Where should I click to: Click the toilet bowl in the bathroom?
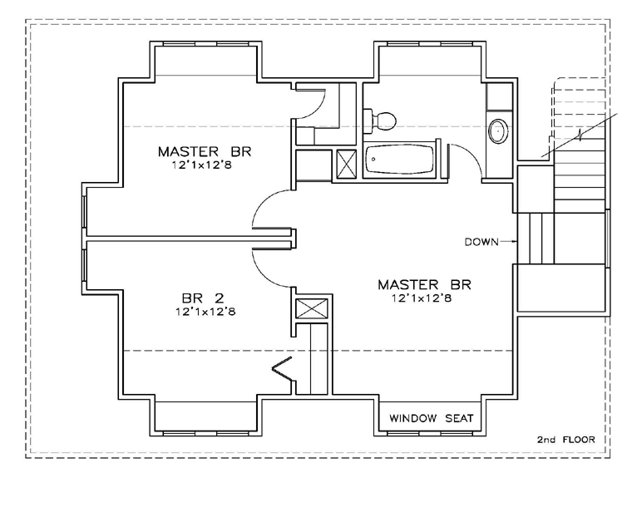(x=387, y=121)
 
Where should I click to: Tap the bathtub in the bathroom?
(x=400, y=160)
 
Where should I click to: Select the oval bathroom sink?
(x=499, y=131)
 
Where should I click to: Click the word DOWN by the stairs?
(x=481, y=242)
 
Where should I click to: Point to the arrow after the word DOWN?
(x=508, y=242)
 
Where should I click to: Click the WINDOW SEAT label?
(x=431, y=418)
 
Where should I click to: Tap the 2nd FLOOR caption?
(x=565, y=440)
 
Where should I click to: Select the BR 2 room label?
(x=203, y=298)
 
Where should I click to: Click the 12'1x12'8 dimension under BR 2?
(x=205, y=312)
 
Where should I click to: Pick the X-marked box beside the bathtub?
(x=347, y=164)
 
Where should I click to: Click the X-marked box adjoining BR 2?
(x=312, y=308)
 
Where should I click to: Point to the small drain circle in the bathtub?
(x=373, y=159)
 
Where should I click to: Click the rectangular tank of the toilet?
(x=369, y=121)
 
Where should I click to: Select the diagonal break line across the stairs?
(x=579, y=135)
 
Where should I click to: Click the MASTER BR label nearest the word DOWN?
(x=424, y=285)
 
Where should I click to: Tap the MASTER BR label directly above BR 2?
(x=205, y=152)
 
